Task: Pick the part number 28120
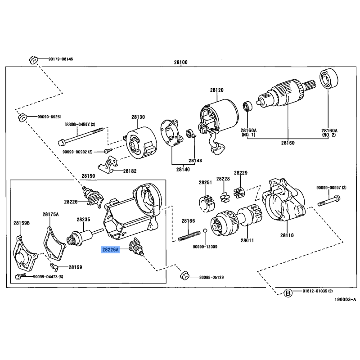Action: (216, 90)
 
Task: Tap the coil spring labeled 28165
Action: (189, 234)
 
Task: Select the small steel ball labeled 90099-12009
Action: (204, 231)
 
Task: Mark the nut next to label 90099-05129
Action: (184, 275)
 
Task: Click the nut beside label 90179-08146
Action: (33, 59)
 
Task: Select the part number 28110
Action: (286, 235)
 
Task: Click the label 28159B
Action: (21, 223)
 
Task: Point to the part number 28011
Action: (247, 240)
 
